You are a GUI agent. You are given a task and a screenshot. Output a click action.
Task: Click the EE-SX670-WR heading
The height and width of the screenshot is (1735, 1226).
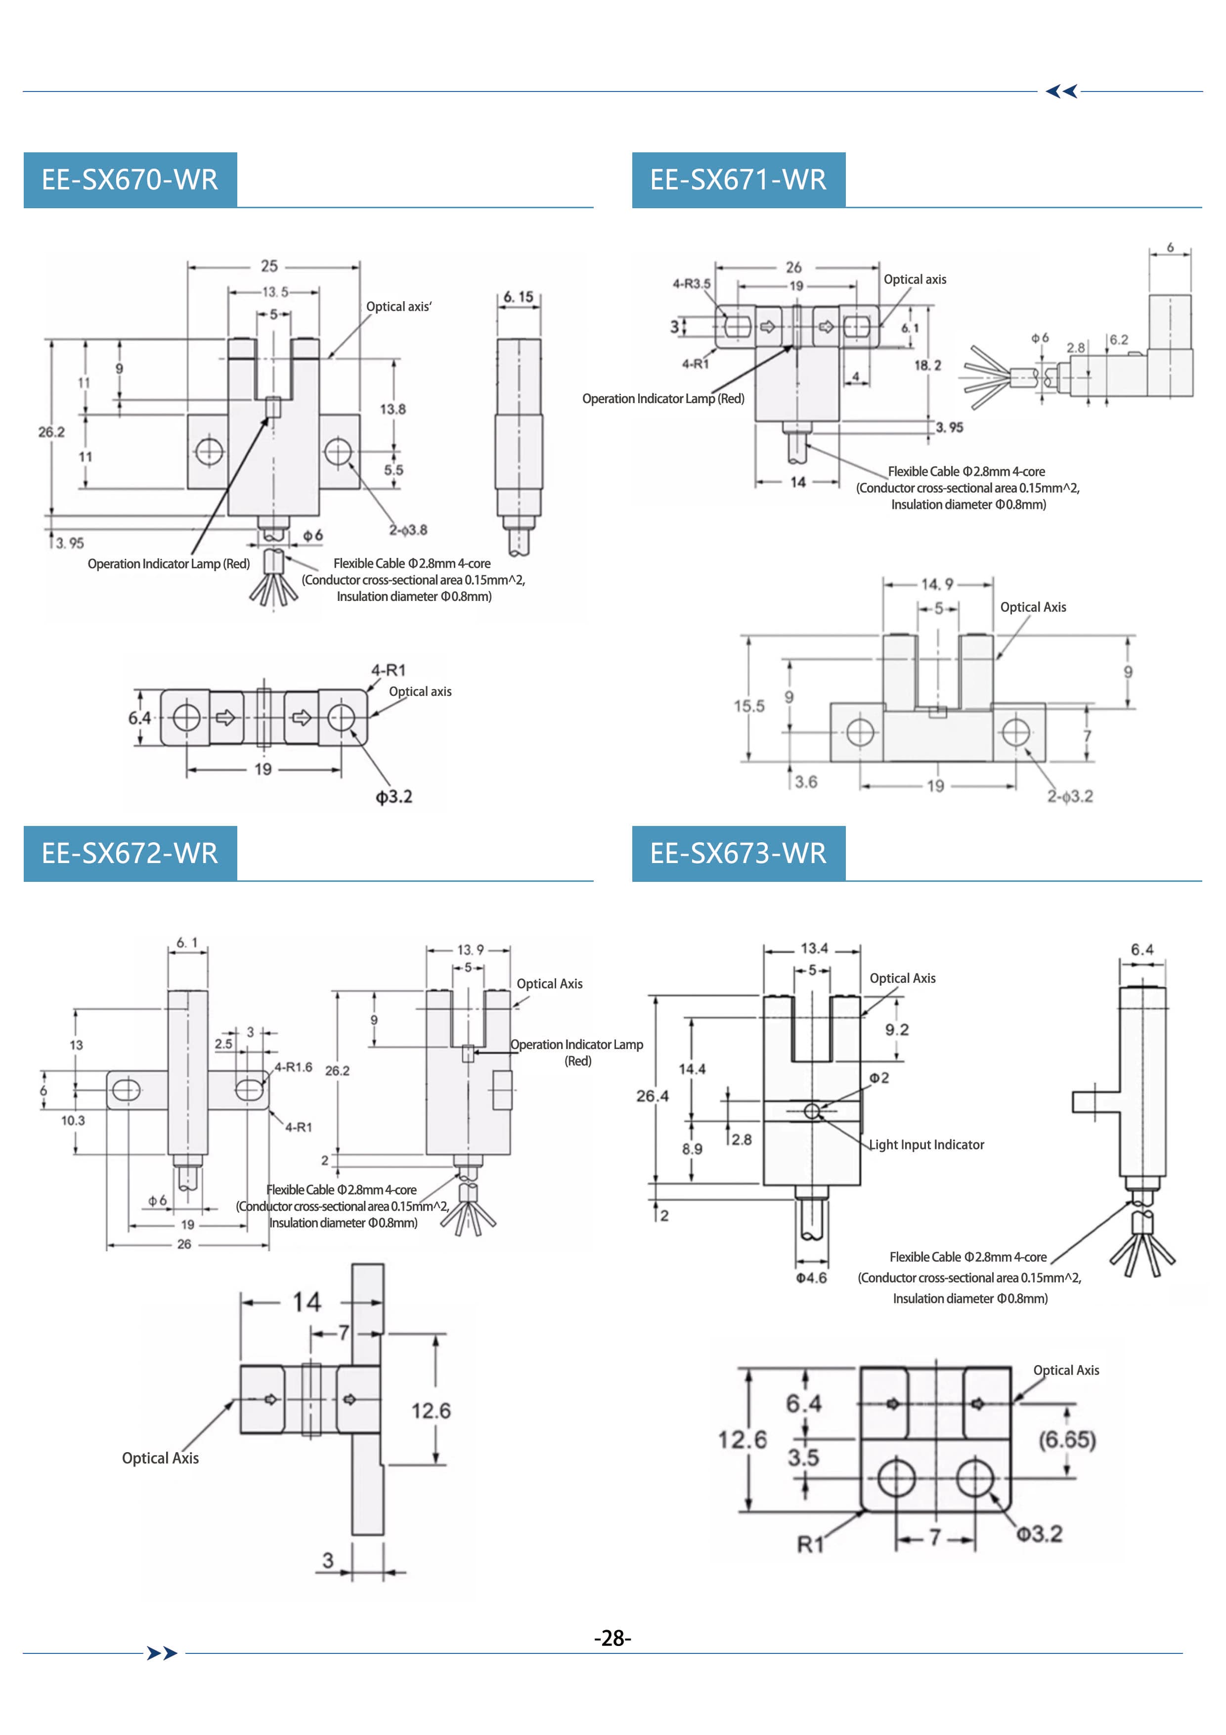[x=130, y=180]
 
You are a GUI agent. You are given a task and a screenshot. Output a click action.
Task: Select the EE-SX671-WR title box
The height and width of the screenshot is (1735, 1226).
[x=738, y=180]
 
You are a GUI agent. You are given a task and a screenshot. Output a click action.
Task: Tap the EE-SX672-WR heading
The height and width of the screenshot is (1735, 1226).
[x=130, y=853]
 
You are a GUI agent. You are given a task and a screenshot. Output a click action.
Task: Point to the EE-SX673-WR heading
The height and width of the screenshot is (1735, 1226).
[x=738, y=853]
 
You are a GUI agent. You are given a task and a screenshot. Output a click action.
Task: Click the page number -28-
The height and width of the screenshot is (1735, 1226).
[x=613, y=1638]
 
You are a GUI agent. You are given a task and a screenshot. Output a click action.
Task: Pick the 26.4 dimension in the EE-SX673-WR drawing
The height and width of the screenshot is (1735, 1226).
[x=652, y=1096]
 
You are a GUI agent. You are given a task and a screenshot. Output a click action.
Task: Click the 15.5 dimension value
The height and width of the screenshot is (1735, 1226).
[x=748, y=706]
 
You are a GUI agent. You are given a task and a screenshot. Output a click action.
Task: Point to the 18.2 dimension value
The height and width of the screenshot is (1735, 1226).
[x=927, y=365]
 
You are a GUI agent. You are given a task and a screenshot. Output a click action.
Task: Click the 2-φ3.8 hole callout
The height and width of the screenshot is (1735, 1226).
[x=408, y=530]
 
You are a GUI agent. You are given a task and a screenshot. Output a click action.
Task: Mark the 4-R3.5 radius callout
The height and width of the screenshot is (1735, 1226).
[x=691, y=284]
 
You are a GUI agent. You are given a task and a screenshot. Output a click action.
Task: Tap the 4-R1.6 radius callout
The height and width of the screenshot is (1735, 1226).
[x=293, y=1067]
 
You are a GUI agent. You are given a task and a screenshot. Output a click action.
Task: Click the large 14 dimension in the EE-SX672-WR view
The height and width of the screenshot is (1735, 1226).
[x=306, y=1301]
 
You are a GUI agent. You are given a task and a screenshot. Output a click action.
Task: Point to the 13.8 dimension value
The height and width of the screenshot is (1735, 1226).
[x=393, y=410]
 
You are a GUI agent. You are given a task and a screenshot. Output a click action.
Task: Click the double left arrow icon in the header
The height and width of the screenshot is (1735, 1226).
[x=1061, y=91]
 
